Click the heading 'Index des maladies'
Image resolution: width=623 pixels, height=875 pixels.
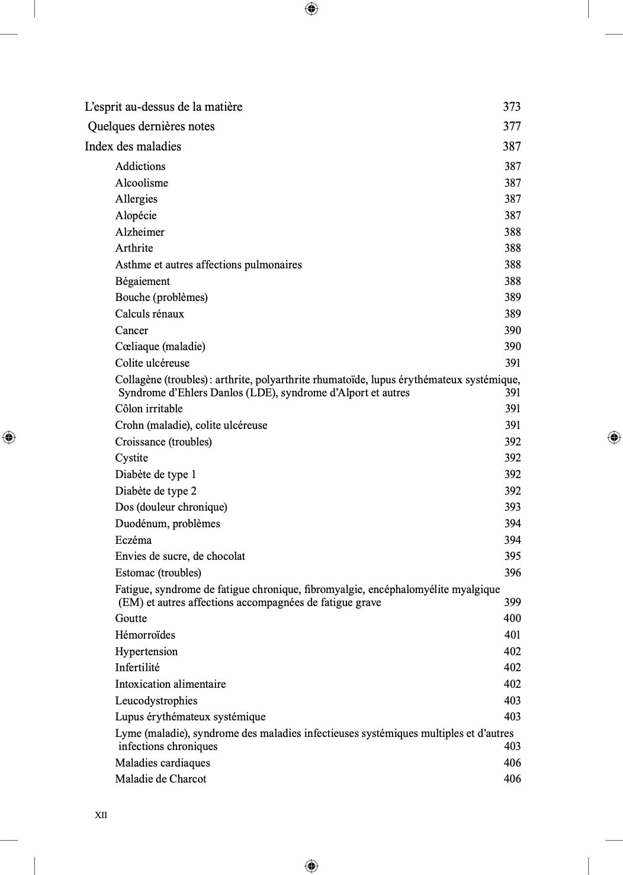(133, 146)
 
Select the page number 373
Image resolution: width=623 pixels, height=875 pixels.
(512, 107)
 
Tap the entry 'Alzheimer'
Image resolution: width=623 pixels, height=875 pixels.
(140, 232)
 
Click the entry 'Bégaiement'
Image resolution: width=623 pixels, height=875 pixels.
(142, 281)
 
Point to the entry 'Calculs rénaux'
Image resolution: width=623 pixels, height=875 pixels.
(149, 314)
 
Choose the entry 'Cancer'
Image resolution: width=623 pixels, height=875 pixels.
(131, 331)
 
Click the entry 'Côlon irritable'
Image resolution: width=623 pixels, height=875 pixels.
(149, 409)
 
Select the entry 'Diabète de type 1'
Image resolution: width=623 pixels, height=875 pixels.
(155, 475)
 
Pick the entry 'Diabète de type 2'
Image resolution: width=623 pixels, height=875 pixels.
(156, 491)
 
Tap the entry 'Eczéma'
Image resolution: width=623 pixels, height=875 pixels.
(133, 540)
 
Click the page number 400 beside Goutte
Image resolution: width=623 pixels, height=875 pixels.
(512, 618)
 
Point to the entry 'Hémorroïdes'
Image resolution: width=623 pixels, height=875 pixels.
(145, 635)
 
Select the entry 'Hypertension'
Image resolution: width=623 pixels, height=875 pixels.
(146, 652)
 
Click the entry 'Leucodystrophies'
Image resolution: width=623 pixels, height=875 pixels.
(156, 701)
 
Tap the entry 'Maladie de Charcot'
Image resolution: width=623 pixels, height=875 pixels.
(160, 779)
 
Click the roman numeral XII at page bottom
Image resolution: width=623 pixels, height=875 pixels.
(101, 815)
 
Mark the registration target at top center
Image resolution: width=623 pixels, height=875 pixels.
(311, 8)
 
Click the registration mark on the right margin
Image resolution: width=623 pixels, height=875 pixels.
(614, 437)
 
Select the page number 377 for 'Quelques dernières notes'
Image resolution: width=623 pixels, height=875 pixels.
(512, 126)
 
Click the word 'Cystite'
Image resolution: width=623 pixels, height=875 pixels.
(131, 458)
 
